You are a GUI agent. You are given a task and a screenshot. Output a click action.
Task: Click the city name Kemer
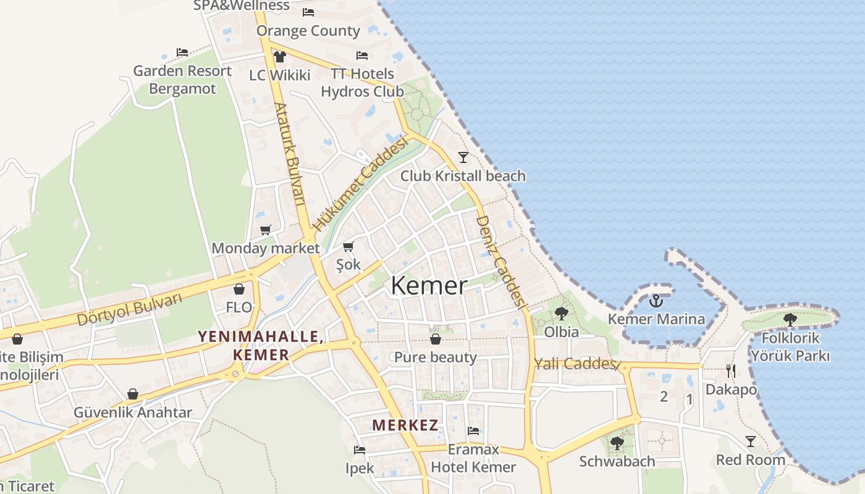(429, 286)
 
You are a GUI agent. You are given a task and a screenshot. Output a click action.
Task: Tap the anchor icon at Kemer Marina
(656, 301)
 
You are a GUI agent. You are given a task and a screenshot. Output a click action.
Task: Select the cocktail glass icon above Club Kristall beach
(463, 157)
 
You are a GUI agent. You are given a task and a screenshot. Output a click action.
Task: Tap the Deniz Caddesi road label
(500, 261)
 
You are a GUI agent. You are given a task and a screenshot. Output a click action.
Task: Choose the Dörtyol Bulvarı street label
(130, 308)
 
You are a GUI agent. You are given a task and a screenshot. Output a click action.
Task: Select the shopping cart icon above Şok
(348, 247)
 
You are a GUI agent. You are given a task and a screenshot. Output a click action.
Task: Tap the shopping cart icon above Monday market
(266, 230)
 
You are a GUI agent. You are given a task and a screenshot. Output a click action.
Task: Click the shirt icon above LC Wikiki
(279, 57)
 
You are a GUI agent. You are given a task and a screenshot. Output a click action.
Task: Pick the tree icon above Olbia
(561, 314)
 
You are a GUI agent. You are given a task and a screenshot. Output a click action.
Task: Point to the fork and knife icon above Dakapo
(731, 371)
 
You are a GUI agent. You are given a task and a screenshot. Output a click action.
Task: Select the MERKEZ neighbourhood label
(405, 425)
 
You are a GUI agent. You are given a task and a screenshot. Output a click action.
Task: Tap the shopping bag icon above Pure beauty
(436, 339)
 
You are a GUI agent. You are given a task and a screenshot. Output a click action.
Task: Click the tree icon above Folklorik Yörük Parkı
(790, 319)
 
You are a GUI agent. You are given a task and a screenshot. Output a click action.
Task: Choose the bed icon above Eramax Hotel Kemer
(473, 431)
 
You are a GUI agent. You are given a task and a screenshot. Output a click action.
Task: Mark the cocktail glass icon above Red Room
(751, 441)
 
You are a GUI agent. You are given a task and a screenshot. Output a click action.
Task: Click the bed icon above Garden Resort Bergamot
(182, 52)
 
